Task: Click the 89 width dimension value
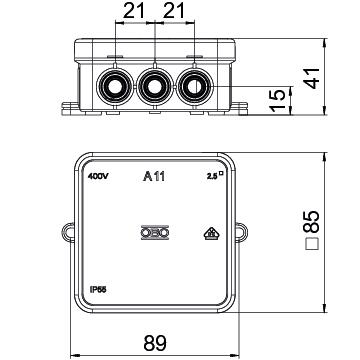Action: click(x=155, y=343)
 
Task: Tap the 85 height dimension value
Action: click(x=313, y=221)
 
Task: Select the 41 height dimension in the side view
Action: click(x=313, y=78)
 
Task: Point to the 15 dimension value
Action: click(x=278, y=100)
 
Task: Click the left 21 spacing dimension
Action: click(x=134, y=11)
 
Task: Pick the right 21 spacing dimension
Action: click(x=173, y=11)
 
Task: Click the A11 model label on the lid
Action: click(x=154, y=176)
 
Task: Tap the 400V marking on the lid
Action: click(x=98, y=176)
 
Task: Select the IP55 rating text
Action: click(x=98, y=290)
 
